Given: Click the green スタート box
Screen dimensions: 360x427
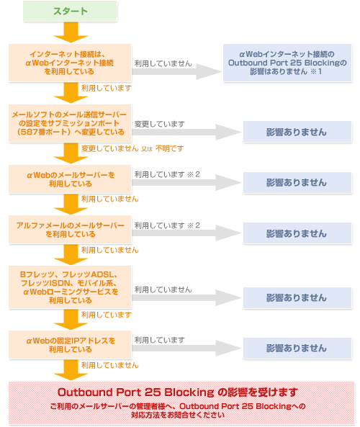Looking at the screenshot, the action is point(70,11).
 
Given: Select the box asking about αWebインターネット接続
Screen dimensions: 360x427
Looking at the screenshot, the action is point(70,63).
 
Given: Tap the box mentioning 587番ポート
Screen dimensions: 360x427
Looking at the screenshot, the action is point(70,123).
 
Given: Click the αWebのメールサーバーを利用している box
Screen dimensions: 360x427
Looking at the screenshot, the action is point(70,179).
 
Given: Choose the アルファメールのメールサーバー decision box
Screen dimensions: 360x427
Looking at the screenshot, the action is point(70,230).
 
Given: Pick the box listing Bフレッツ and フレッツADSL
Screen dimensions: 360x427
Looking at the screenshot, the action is point(70,287).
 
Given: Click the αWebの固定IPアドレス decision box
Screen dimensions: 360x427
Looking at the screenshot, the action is point(70,345).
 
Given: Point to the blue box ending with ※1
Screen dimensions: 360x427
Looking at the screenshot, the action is point(287,63).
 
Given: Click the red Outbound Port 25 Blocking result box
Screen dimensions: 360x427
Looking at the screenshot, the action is point(181,403).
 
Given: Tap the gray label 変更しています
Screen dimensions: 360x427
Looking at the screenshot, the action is point(160,124).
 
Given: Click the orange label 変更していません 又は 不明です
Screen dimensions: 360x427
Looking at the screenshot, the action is point(132,148).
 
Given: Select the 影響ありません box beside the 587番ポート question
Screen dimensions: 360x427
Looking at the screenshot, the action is point(297,132).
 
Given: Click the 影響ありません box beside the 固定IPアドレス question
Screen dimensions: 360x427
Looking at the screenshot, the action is point(297,349).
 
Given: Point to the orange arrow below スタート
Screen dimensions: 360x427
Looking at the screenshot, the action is point(71,32).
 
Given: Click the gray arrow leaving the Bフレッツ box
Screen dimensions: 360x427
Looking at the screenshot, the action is point(186,297).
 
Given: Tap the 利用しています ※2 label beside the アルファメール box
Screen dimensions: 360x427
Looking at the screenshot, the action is point(167,225).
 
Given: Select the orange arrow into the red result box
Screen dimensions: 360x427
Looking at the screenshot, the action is point(71,370).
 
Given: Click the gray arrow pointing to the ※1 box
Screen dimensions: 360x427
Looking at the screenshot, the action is point(176,71).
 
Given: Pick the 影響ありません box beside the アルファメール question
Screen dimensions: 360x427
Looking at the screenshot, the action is point(297,233).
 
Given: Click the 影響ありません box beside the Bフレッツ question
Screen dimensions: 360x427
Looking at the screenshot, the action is point(297,297).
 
